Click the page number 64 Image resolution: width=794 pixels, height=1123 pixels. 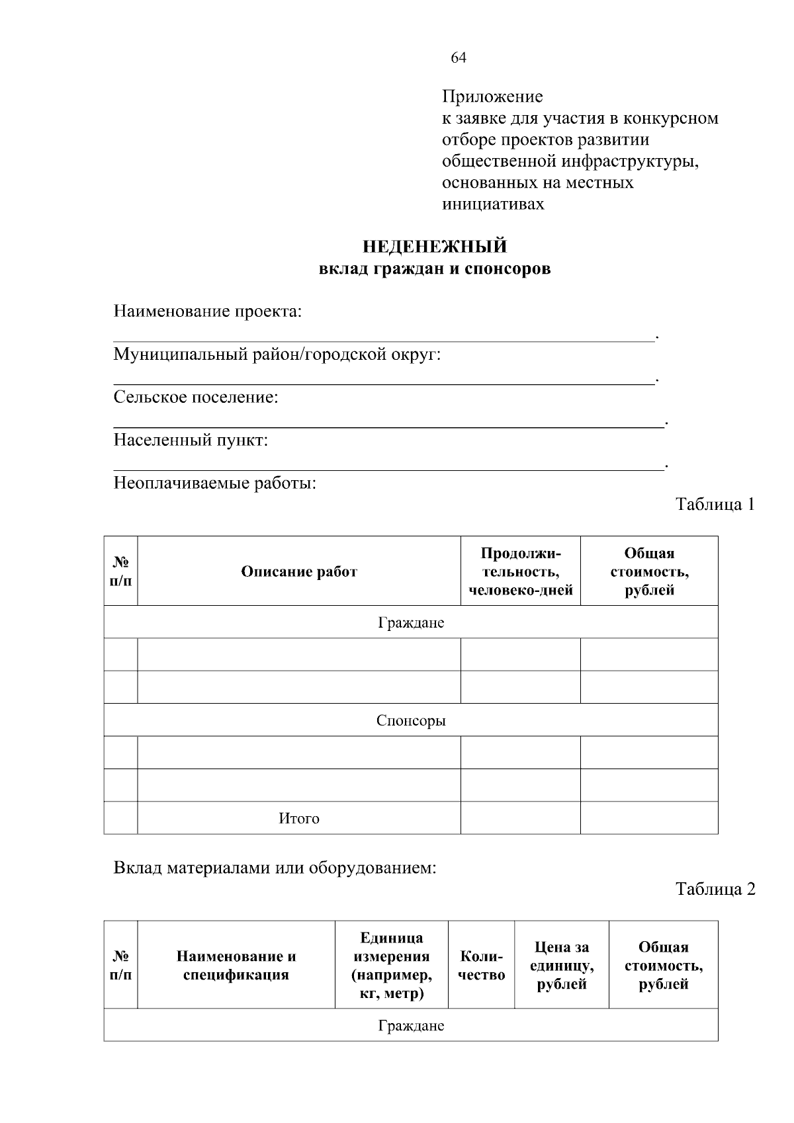(x=459, y=58)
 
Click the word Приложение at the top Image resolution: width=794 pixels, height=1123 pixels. (x=492, y=97)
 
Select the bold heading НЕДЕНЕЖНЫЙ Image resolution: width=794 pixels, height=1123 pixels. (x=435, y=247)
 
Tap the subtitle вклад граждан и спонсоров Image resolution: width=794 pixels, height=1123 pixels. (x=435, y=269)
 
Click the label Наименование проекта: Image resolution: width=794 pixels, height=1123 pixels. (x=208, y=312)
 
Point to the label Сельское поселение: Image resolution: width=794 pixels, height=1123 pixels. (x=196, y=397)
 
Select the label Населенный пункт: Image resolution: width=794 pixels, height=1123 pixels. (x=191, y=440)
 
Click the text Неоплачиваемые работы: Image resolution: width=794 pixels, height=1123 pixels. (x=215, y=483)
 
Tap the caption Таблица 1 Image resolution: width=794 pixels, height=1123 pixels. (x=715, y=505)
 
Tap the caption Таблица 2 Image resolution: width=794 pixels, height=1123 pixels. (x=715, y=890)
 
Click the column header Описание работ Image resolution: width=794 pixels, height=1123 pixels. (x=299, y=571)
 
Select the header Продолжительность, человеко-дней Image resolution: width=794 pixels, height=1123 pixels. (x=521, y=571)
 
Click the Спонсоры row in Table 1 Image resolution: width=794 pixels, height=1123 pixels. (x=411, y=720)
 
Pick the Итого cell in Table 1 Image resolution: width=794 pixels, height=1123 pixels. (x=299, y=819)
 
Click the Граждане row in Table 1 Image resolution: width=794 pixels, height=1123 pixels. (x=411, y=623)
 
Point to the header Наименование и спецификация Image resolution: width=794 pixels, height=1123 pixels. (x=236, y=965)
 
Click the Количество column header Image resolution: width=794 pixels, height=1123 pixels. (x=481, y=966)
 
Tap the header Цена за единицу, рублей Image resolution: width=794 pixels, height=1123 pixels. (x=562, y=966)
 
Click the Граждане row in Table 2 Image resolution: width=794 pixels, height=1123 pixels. (x=411, y=1026)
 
